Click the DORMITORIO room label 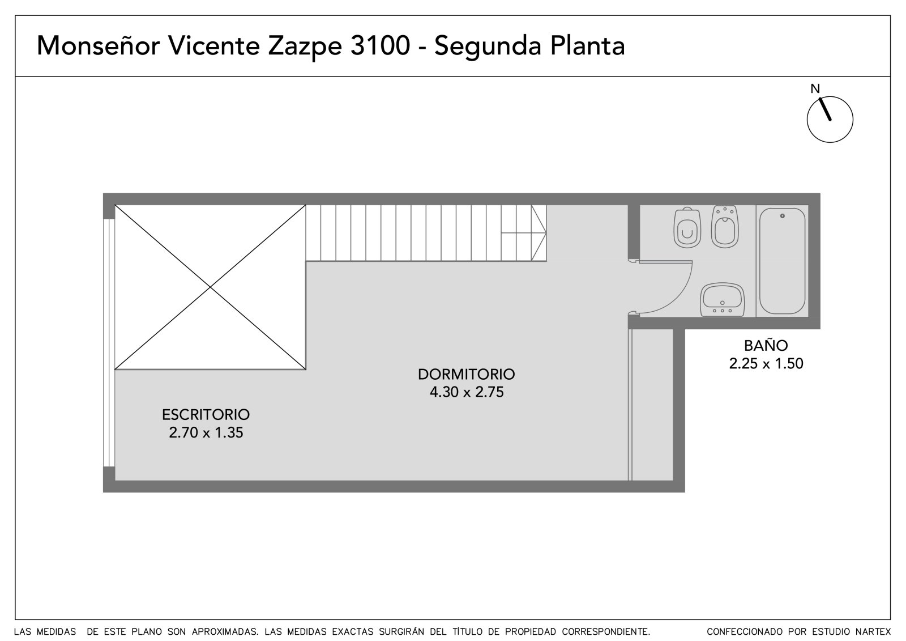pos(467,374)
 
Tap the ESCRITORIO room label pos(206,415)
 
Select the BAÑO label pos(766,345)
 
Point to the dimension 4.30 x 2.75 pos(467,392)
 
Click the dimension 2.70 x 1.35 pos(206,432)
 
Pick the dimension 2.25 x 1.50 pos(766,363)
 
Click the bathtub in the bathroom pos(782,261)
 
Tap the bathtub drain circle pos(782,216)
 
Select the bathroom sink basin pos(723,300)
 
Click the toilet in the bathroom pos(687,228)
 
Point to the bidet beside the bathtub pos(725,226)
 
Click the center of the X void pos(210,287)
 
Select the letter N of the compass pos(815,88)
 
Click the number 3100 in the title pos(380,45)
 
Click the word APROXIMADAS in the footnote pos(225,631)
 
